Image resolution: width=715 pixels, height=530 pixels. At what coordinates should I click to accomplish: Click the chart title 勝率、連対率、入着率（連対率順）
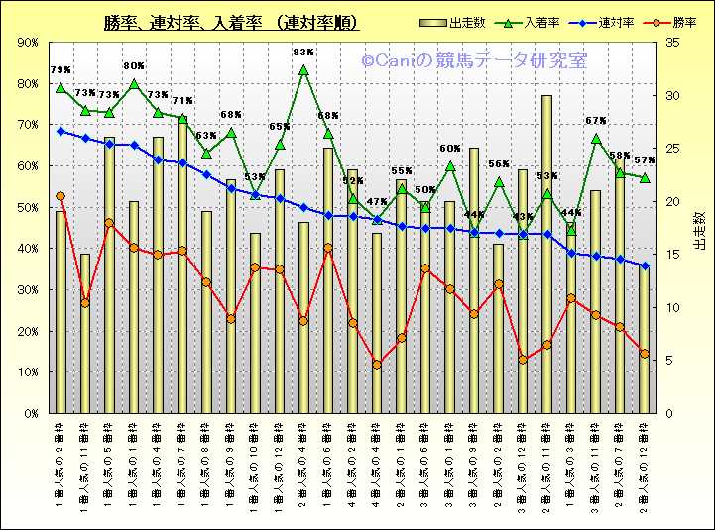(x=231, y=23)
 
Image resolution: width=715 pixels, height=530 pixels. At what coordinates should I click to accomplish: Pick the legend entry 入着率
(x=531, y=23)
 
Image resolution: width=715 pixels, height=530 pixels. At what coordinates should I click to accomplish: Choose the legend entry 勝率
(x=666, y=23)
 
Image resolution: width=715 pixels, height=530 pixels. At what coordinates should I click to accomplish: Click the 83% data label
(x=303, y=53)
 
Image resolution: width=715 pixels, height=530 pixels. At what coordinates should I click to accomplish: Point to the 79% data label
(x=60, y=70)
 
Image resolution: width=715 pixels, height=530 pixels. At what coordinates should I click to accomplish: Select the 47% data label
(x=377, y=202)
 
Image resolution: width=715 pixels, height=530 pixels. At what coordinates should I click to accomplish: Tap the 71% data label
(x=182, y=101)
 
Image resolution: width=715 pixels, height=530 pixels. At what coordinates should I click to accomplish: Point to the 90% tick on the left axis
(x=28, y=43)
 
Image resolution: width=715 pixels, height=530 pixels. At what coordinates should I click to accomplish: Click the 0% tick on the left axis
(x=31, y=413)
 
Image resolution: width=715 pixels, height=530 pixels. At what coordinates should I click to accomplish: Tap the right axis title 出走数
(x=697, y=228)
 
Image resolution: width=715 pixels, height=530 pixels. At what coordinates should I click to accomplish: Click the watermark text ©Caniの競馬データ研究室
(x=474, y=61)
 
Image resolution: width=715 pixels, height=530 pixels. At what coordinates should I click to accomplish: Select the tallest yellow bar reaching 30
(x=546, y=254)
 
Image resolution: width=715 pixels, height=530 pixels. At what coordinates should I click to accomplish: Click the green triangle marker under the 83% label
(x=303, y=71)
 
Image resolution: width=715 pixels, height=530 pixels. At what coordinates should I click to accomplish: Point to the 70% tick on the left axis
(x=28, y=125)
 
